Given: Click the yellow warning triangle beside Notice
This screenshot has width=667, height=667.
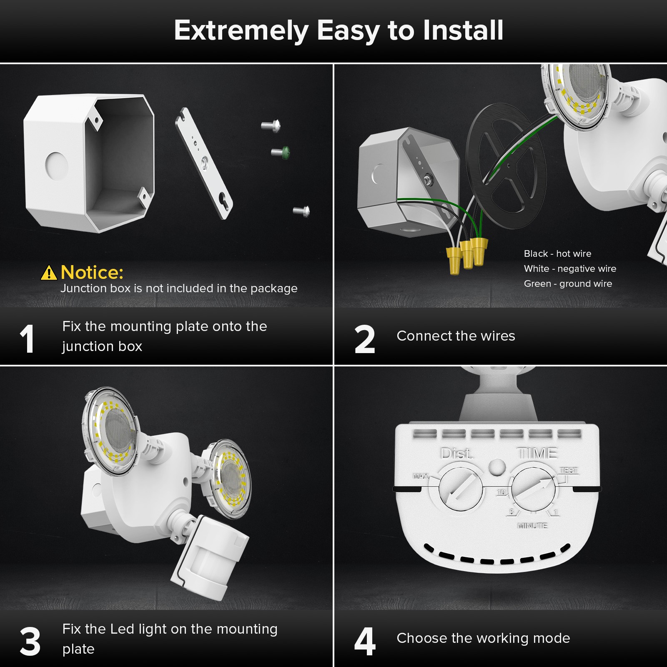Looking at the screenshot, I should click(x=49, y=273).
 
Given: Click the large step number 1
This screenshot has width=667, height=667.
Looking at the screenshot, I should click(x=27, y=339).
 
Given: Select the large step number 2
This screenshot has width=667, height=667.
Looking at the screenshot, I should click(x=364, y=339).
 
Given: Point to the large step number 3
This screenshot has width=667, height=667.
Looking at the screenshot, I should click(x=30, y=642).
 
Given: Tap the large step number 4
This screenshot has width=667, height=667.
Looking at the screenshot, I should click(x=364, y=642).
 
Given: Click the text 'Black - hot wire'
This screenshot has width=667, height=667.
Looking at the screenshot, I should click(x=557, y=253).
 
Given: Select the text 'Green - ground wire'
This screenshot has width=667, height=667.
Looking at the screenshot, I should click(x=568, y=283).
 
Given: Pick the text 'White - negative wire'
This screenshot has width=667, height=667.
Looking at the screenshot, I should click(x=570, y=268).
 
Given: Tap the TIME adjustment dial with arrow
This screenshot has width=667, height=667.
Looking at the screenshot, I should click(x=534, y=489).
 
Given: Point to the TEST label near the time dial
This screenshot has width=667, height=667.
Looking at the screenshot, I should click(x=569, y=470).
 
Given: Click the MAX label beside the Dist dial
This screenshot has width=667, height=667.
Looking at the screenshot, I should click(x=420, y=476).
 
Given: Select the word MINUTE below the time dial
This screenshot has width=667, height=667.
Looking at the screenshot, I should click(x=532, y=526).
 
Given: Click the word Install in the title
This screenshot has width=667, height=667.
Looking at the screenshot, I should click(x=463, y=30).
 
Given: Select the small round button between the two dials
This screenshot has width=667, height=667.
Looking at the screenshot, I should click(x=496, y=467).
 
